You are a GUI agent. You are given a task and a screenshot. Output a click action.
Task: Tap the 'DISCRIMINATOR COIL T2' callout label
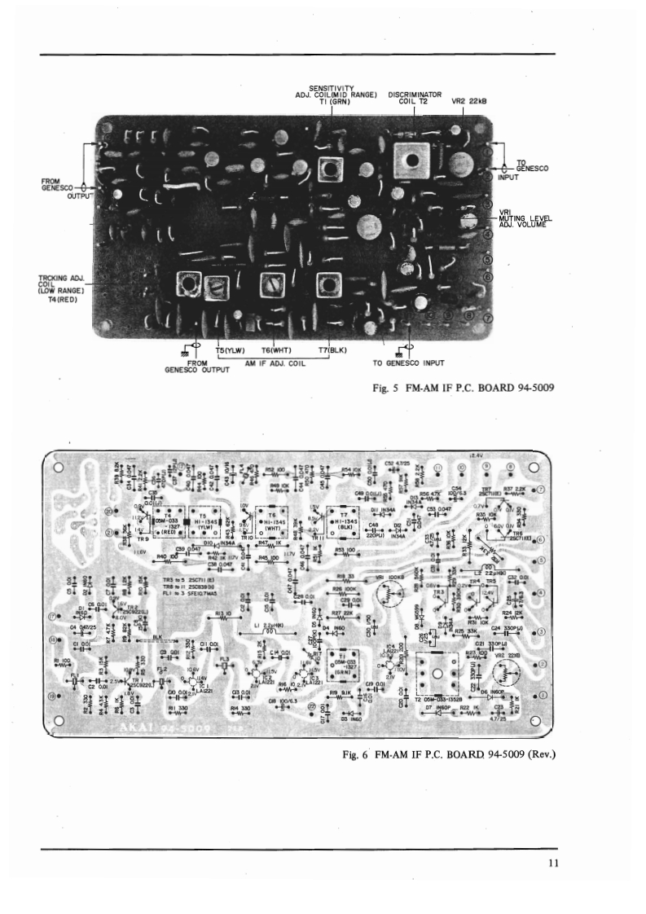click(x=415, y=99)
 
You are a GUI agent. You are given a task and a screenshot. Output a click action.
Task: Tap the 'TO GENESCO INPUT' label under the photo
click(x=411, y=363)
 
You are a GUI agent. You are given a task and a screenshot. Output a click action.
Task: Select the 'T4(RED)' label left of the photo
click(x=61, y=297)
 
